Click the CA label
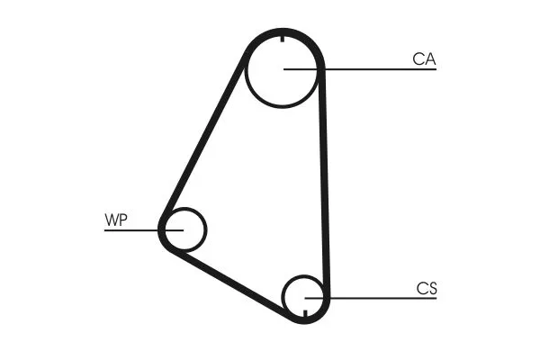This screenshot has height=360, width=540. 424,59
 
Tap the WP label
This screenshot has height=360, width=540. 116,220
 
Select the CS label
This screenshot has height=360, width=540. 427,289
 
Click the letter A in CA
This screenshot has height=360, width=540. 430,59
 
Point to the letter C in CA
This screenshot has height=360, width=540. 418,59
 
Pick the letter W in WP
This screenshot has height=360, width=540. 112,220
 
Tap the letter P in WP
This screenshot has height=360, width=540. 123,220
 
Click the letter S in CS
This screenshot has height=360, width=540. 433,289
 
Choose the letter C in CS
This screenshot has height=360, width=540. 421,289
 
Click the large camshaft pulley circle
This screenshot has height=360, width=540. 283,106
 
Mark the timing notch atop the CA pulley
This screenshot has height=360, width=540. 283,39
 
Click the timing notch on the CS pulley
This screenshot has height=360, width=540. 305,313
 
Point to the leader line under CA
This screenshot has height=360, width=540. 360,69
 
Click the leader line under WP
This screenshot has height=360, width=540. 144,230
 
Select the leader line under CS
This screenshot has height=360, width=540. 371,298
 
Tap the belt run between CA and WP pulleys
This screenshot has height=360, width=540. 204,137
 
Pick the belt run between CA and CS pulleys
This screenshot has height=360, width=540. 324,183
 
